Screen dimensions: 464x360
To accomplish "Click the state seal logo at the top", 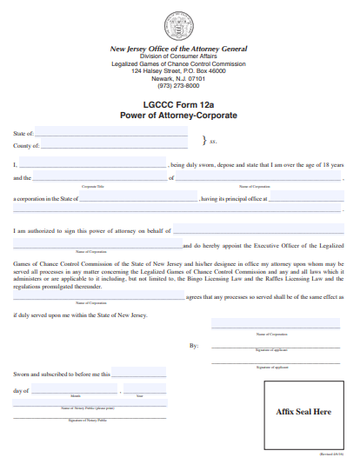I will coord(178,25).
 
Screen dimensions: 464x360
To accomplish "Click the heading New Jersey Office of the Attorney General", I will coord(178,49).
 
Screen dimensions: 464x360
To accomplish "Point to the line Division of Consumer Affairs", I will coord(178,56).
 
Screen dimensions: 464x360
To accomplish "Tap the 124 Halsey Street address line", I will coord(178,70).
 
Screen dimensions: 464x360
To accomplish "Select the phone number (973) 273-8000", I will coord(178,85).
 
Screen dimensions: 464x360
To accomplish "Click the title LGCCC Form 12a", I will coord(178,104).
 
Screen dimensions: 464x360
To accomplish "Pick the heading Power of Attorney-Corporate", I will coord(178,115).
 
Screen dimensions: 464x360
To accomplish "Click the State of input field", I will coord(111,133).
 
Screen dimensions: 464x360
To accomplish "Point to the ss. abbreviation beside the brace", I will coord(212,140).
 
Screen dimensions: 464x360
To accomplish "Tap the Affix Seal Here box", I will coord(303,411).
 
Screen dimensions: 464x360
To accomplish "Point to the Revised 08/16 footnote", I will coord(333,454).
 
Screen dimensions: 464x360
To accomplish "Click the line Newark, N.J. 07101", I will coord(178,78).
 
